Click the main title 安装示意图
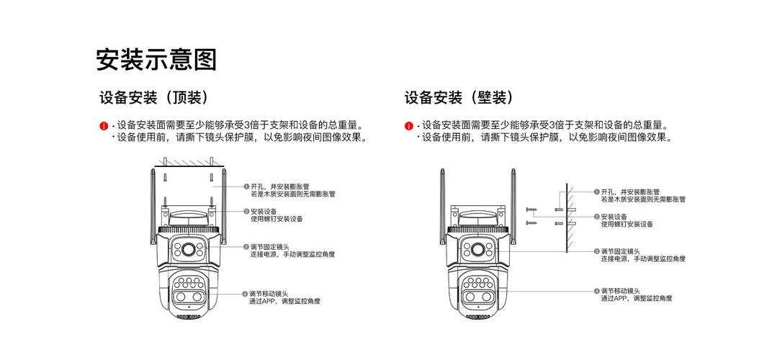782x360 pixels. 156,59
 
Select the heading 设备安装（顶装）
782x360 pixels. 154,98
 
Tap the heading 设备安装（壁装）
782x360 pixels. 459,98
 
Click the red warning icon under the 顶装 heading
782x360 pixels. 104,126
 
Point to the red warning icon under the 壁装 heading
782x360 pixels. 409,126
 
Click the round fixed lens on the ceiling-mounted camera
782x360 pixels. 191,250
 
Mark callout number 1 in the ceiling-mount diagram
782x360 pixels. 246,186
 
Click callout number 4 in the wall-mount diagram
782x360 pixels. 596,290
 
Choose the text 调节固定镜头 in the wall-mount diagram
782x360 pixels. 620,251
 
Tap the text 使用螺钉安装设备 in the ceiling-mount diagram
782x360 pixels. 277,219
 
